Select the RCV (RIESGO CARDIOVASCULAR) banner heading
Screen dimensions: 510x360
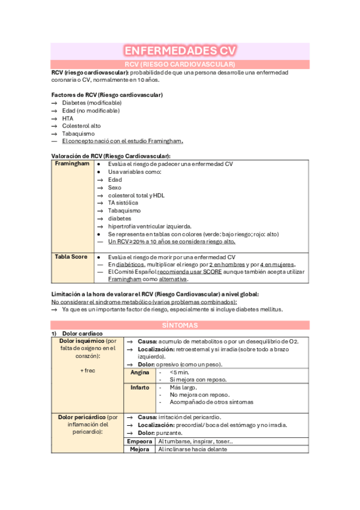[x=180, y=64]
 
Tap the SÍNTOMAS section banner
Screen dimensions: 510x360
[x=180, y=325]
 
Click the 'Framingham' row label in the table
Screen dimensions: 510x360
[x=72, y=164]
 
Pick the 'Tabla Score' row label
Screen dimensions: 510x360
[x=71, y=256]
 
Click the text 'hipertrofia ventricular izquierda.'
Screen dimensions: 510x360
[x=150, y=226]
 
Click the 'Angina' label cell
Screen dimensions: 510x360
[x=140, y=372]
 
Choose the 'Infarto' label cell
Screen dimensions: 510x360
[x=140, y=388]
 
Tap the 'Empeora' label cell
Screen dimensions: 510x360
[x=140, y=441]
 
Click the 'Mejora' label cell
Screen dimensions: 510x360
[x=140, y=449]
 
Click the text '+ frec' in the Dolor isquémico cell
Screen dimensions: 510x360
[x=88, y=370]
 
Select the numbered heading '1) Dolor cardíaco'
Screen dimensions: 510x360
[x=77, y=333]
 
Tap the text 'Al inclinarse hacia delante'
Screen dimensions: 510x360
[x=193, y=449]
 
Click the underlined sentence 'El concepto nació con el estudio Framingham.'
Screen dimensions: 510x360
[x=123, y=141]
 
